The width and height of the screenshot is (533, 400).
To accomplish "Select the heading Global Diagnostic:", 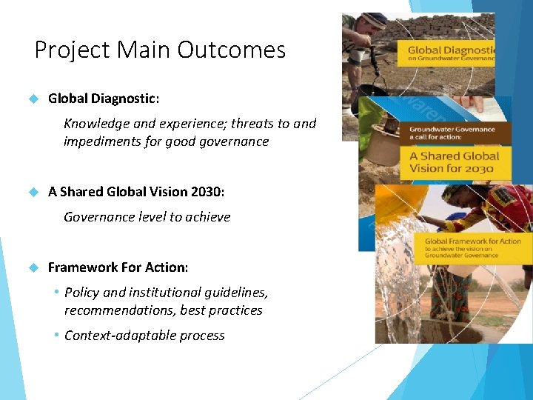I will pos(103,98).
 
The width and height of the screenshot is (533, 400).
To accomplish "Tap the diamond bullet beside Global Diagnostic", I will pos(33,98).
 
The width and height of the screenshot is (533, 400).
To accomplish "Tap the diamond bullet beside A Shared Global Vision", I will pos(33,191).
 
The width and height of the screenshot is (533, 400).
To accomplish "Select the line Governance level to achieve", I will pos(147,217).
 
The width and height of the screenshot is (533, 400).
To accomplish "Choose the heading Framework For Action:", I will pos(118,267).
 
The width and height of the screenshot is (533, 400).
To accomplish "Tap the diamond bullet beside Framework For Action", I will pos(33,267).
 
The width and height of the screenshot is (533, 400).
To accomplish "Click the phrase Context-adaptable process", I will pos(144,336).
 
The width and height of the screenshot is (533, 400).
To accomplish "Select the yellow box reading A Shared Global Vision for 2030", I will pos(455,161).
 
